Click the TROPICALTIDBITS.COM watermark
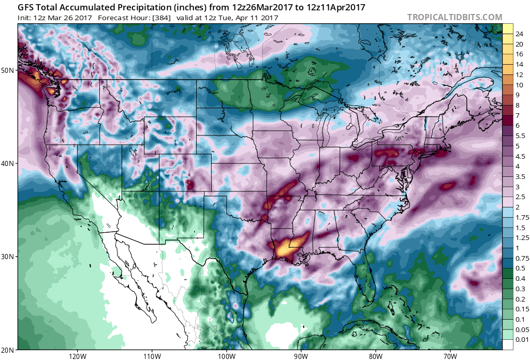(454, 17)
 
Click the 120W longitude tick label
(77, 356)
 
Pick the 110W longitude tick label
(152, 356)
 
